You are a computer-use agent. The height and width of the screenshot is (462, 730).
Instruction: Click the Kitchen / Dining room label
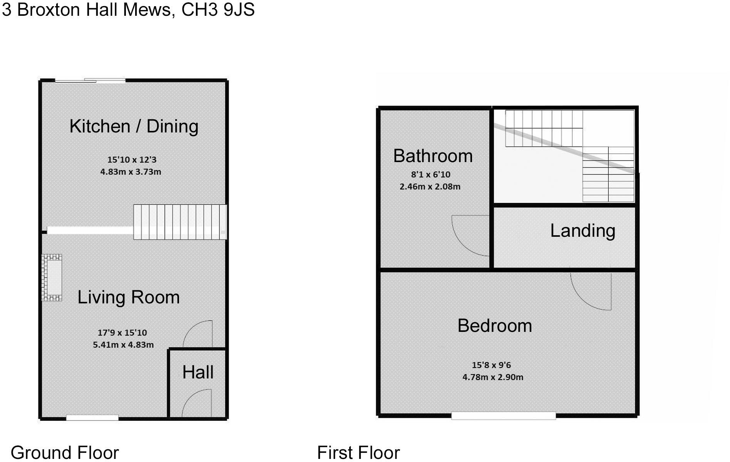pyautogui.click(x=134, y=126)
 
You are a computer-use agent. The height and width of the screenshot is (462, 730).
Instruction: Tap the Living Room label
pyautogui.click(x=129, y=297)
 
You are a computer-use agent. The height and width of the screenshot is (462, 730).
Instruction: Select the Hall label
pyautogui.click(x=198, y=372)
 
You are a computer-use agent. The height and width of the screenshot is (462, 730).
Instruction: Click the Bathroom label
pyautogui.click(x=433, y=156)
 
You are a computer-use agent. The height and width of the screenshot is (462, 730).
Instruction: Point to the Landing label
pyautogui.click(x=582, y=231)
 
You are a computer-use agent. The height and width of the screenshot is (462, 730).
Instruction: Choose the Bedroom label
pyautogui.click(x=494, y=326)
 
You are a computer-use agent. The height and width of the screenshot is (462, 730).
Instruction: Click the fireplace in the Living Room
pyautogui.click(x=52, y=277)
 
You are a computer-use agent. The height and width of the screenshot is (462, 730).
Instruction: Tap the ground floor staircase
pyautogui.click(x=179, y=222)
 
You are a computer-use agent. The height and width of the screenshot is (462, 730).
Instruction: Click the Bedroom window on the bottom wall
pyautogui.click(x=503, y=415)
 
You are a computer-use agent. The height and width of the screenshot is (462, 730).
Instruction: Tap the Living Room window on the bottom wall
pyautogui.click(x=92, y=417)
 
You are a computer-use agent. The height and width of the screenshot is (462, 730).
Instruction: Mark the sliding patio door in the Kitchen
pyautogui.click(x=90, y=80)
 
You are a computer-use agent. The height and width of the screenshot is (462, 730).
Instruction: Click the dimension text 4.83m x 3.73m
pyautogui.click(x=131, y=172)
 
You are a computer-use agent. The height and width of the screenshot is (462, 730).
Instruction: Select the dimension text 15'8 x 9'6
pyautogui.click(x=491, y=365)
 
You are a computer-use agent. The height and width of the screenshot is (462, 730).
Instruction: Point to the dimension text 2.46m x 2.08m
pyautogui.click(x=430, y=187)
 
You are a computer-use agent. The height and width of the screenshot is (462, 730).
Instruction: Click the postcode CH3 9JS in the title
pyautogui.click(x=218, y=9)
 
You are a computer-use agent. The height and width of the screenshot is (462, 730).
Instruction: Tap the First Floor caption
pyautogui.click(x=358, y=452)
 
